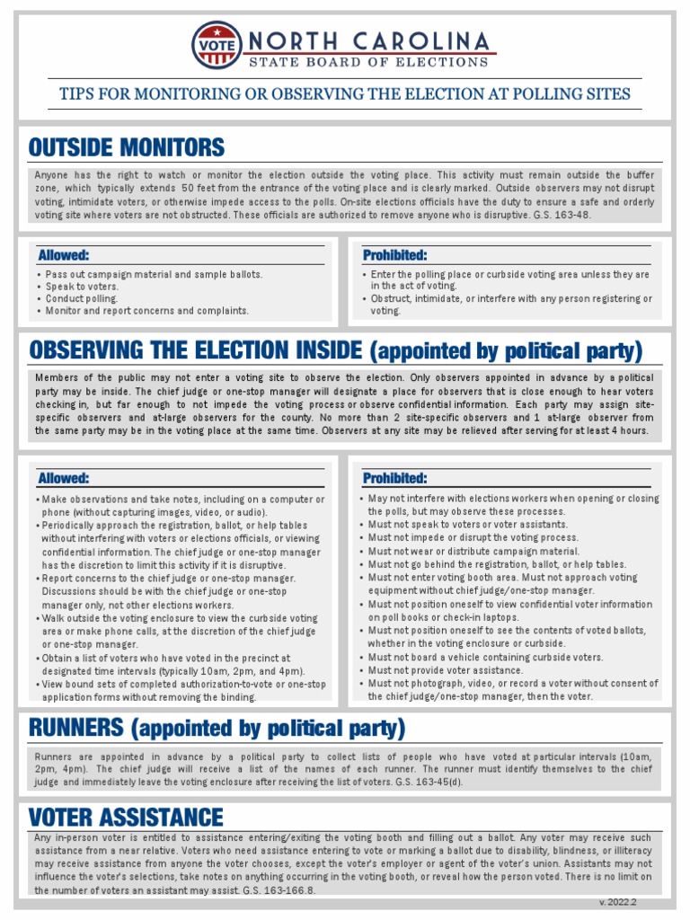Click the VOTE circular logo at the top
click(x=217, y=45)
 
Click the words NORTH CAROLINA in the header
click(x=368, y=41)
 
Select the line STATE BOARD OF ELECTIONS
click(x=368, y=62)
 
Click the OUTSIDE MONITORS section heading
click(x=127, y=147)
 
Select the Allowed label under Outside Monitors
click(x=63, y=255)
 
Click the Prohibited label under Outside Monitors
click(x=394, y=255)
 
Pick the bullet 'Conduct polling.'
click(x=81, y=298)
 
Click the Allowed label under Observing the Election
click(x=63, y=478)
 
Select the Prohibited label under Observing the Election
click(x=394, y=478)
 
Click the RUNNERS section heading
click(x=217, y=727)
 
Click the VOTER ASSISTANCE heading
click(x=126, y=817)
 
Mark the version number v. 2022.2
click(x=617, y=901)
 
